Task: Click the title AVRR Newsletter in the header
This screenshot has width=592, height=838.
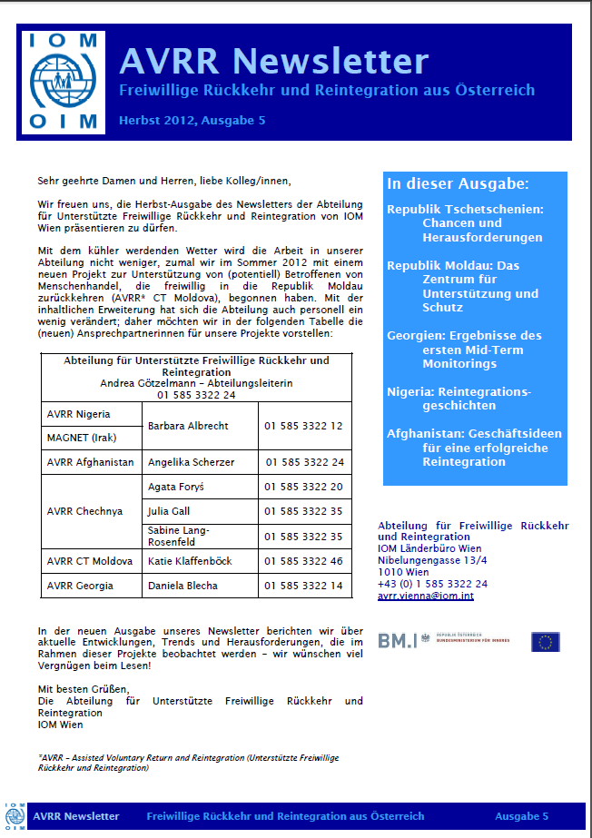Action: click(x=273, y=61)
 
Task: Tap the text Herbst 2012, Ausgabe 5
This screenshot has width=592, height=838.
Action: click(x=192, y=121)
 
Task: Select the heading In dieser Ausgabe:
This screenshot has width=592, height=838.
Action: click(x=458, y=183)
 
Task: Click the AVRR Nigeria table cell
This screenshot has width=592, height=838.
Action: click(x=78, y=414)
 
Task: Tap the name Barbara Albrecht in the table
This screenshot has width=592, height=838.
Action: click(x=188, y=426)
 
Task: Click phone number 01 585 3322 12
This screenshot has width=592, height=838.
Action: click(x=303, y=426)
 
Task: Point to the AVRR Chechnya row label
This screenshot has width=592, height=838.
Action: click(x=84, y=511)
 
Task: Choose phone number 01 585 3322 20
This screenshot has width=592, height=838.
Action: click(x=303, y=488)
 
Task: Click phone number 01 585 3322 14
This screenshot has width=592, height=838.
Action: click(x=303, y=586)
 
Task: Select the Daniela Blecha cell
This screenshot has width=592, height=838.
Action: click(x=183, y=586)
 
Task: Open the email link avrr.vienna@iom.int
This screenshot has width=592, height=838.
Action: click(x=425, y=596)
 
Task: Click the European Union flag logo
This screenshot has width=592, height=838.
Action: click(x=546, y=642)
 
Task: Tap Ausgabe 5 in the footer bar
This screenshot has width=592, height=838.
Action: click(x=521, y=816)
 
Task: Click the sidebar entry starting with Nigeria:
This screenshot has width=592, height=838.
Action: click(x=459, y=399)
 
